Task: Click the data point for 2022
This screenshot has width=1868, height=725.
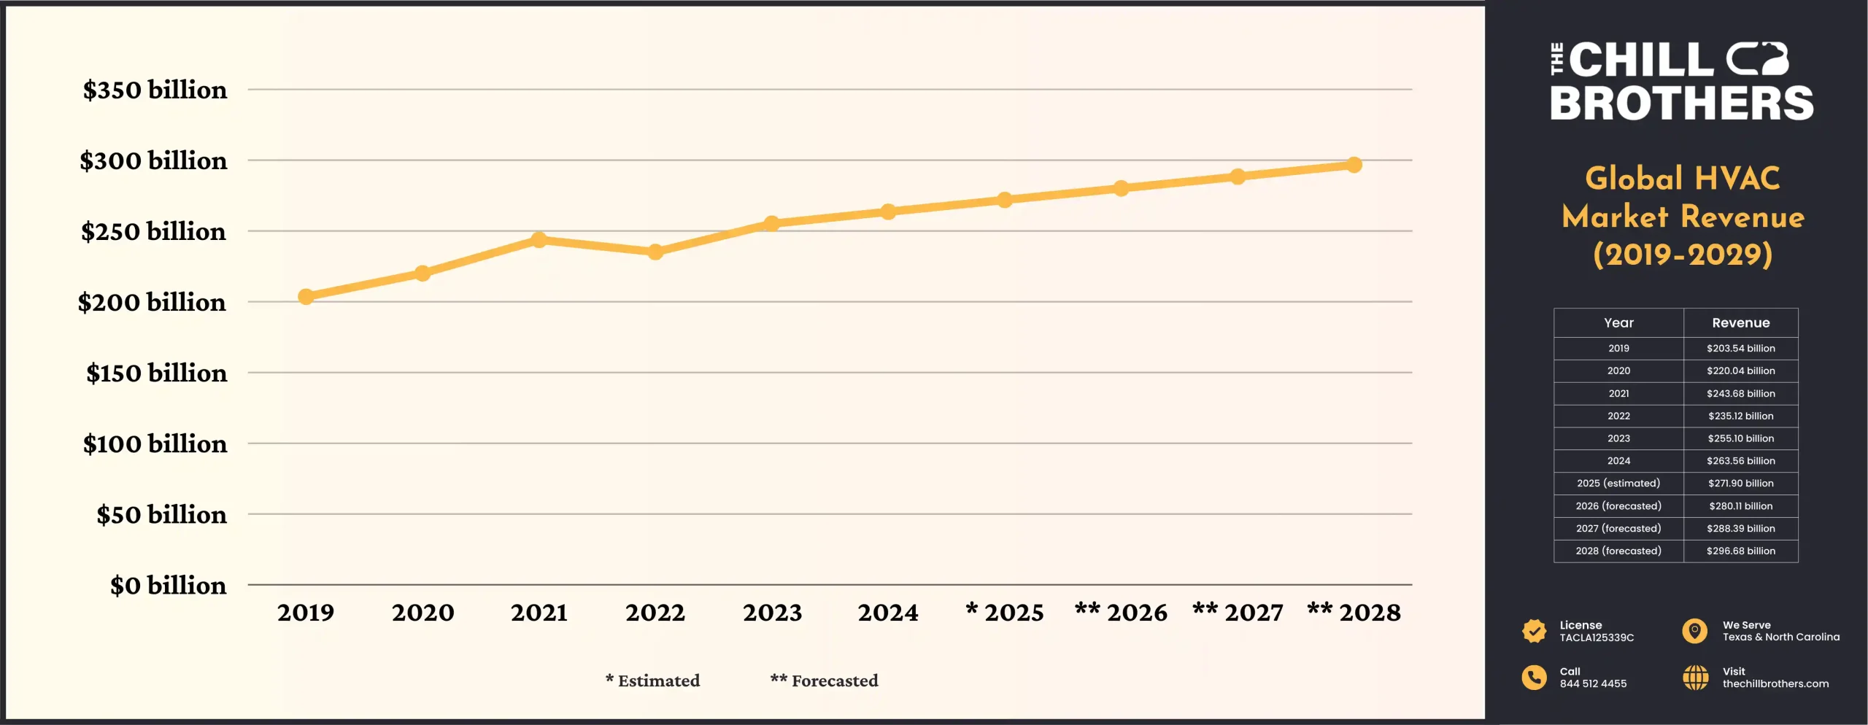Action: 655,252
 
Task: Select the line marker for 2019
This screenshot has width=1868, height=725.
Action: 306,296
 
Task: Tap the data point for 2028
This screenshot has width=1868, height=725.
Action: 1354,165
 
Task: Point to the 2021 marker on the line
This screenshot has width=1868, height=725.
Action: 539,239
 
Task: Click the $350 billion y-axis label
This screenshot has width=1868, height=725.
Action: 155,90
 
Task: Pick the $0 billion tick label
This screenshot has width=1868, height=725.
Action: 168,585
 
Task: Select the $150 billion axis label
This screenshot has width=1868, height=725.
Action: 156,373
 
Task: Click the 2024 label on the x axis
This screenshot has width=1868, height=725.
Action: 887,613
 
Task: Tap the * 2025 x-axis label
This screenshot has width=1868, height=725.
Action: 1004,613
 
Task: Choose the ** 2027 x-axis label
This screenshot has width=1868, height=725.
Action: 1238,613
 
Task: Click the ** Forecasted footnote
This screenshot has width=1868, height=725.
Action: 824,681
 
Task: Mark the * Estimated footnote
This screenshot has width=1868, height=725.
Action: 652,681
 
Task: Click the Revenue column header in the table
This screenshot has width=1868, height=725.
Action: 1740,322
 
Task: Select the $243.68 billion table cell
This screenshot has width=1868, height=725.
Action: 1740,393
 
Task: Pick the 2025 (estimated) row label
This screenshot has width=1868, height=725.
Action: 1618,483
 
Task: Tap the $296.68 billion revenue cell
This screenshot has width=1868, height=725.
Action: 1740,551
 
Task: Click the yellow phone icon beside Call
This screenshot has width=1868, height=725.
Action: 1534,677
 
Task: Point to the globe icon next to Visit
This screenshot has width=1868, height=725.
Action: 1695,677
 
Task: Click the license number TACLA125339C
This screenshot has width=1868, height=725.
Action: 1597,637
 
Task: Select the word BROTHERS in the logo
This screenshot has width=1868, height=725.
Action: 1681,103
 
